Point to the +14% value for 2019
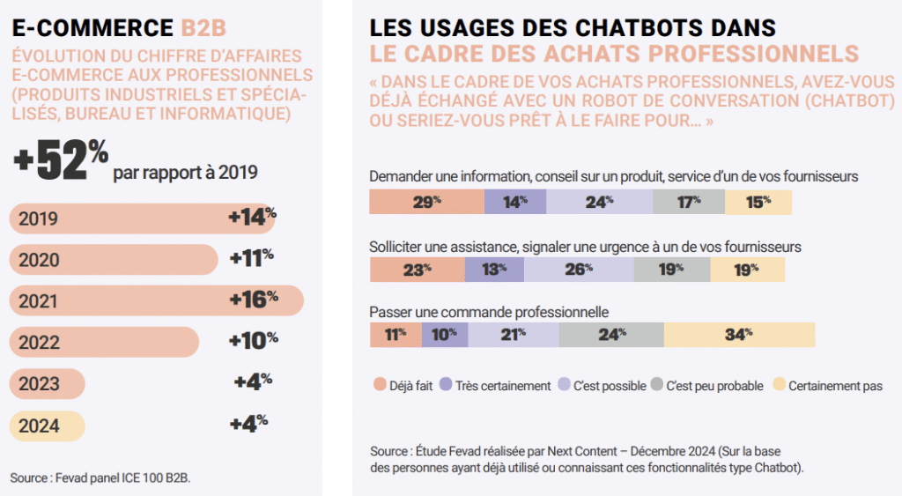[252, 217]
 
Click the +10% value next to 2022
[253, 340]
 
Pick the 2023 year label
[40, 384]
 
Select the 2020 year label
[40, 260]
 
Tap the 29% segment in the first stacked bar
[426, 202]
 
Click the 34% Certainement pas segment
[738, 334]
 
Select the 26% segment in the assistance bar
[578, 270]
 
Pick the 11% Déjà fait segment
[396, 334]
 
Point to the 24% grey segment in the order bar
[610, 334]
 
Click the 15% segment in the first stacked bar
[758, 202]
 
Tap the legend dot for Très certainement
[446, 385]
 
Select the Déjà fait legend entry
[410, 385]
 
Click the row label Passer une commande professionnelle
[489, 312]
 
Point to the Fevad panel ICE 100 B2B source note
[100, 477]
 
